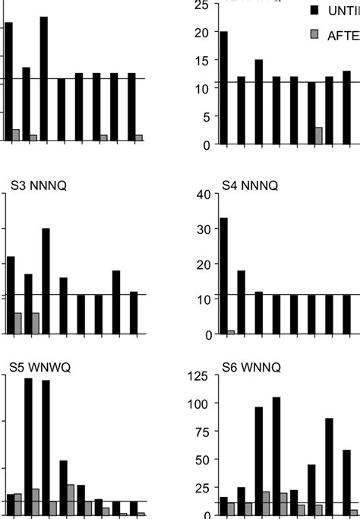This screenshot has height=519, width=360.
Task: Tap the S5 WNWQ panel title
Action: (x=40, y=366)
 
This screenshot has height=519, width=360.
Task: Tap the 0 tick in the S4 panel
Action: (x=205, y=334)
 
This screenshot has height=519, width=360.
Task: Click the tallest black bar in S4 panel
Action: (x=223, y=276)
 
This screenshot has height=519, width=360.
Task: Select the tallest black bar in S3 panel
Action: (x=46, y=280)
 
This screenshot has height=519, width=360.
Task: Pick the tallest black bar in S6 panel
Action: (x=276, y=456)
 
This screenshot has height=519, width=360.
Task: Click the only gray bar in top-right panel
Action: (x=318, y=135)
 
